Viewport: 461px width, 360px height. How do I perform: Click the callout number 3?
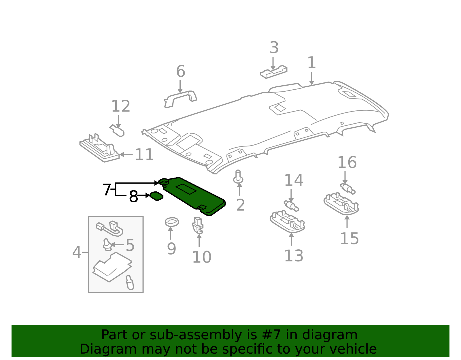point(274,48)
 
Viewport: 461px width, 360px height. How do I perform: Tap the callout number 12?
point(121,106)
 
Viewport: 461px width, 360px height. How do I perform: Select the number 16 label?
point(347,163)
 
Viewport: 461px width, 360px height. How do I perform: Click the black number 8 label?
point(133,197)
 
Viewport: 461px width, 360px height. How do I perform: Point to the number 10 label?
point(202,257)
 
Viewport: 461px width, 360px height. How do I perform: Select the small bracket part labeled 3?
point(274,72)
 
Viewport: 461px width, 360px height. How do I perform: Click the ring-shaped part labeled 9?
point(172,222)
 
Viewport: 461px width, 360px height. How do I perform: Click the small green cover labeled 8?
point(156,196)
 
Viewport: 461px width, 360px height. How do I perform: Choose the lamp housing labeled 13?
point(287,222)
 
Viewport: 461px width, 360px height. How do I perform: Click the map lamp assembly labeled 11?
point(99,149)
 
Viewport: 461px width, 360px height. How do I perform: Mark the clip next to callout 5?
point(107,245)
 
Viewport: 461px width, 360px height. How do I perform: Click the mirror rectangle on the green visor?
point(186,189)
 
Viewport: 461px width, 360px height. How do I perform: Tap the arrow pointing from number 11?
point(126,154)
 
